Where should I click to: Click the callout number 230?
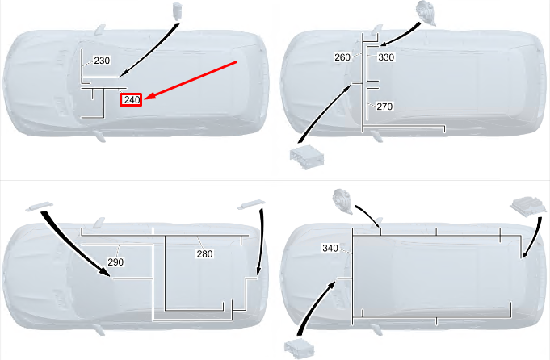[102, 61]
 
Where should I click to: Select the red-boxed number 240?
[131, 100]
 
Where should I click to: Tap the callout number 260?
[342, 57]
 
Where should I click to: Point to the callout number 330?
[386, 57]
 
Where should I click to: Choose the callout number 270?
[384, 107]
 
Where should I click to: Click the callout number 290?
[115, 262]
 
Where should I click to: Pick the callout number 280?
[204, 253]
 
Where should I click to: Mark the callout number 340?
[330, 248]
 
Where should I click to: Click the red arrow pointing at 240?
[191, 80]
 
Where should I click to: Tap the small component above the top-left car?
[178, 10]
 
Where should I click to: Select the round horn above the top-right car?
[426, 13]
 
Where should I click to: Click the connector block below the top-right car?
[307, 157]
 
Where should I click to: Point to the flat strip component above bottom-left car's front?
[40, 207]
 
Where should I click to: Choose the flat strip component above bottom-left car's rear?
[251, 204]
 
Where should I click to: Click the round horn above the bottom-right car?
[342, 201]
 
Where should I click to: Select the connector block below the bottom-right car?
[299, 350]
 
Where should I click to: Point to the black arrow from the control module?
[534, 239]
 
